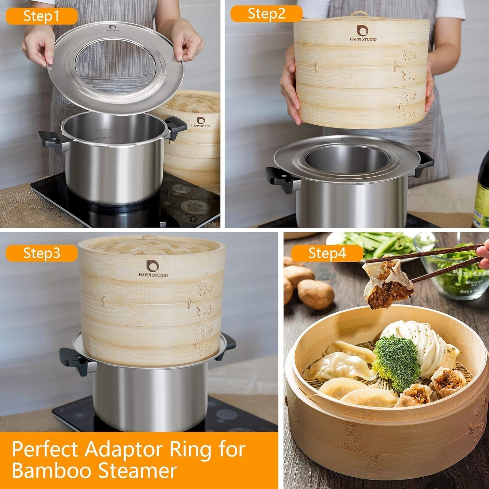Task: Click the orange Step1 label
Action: click(41, 16)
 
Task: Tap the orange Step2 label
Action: click(266, 14)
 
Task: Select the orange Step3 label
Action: click(41, 253)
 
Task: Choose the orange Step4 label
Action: click(327, 253)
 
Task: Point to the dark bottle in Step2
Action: click(481, 196)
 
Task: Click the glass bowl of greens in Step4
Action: click(456, 271)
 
